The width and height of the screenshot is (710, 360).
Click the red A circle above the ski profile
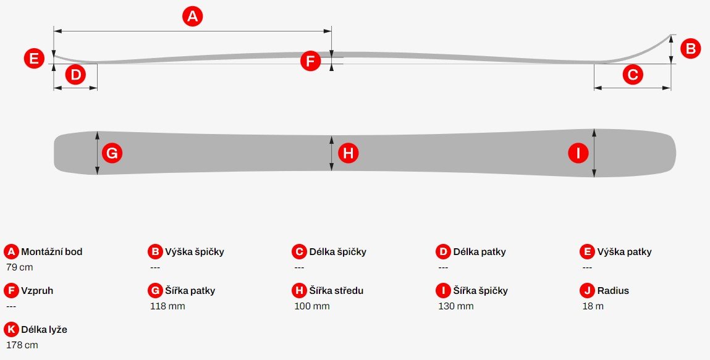pos(192,17)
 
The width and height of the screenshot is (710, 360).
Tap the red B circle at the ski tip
pos(690,48)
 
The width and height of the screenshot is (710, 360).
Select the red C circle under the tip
pos(633,75)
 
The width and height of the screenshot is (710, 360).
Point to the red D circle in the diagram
pos(75,75)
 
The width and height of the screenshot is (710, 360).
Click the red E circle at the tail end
pos(34,59)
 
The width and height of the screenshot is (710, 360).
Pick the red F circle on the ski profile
pos(311,61)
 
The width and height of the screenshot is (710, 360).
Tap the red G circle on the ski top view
pos(112,153)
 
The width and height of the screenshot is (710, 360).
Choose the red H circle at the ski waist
pos(349,153)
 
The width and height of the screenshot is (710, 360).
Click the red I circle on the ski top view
pos(578,153)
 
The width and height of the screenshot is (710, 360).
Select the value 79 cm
pos(20,267)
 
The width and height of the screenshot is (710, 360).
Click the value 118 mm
pos(167,306)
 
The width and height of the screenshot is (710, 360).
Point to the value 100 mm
pos(313,306)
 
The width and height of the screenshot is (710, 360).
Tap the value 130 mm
pos(456,306)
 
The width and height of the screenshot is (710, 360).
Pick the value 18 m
pos(593,306)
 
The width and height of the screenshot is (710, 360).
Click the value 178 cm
pos(22,345)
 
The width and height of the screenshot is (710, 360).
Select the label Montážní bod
pos(52,252)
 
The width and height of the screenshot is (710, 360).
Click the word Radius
pos(613,290)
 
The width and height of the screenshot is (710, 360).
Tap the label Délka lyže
pos(44,329)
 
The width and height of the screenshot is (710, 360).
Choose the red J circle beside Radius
pos(587,290)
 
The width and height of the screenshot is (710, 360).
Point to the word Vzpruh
pos(37,291)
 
